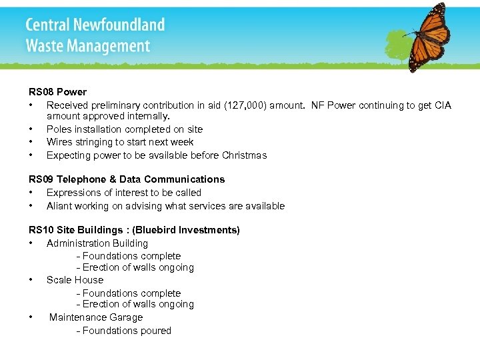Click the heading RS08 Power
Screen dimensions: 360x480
[57, 92]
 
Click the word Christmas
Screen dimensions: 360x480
[245, 155]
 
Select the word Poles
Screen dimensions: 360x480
[59, 129]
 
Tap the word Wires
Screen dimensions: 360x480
[60, 142]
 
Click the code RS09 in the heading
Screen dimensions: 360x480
[41, 179]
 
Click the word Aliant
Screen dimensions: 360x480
[61, 206]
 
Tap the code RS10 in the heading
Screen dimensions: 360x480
[41, 230]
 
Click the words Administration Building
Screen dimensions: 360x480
[97, 243]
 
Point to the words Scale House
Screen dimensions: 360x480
[75, 280]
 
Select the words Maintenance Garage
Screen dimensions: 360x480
[96, 317]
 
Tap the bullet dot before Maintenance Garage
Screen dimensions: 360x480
[31, 317]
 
